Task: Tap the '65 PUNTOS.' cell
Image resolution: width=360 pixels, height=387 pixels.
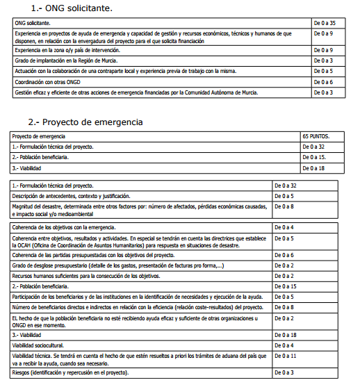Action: [316, 137]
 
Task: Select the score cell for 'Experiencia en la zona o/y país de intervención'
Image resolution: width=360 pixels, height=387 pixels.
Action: [325, 51]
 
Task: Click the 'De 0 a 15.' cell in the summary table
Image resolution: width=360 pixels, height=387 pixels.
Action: [317, 157]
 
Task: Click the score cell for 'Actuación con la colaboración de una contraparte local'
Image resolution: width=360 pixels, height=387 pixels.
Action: [325, 71]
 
